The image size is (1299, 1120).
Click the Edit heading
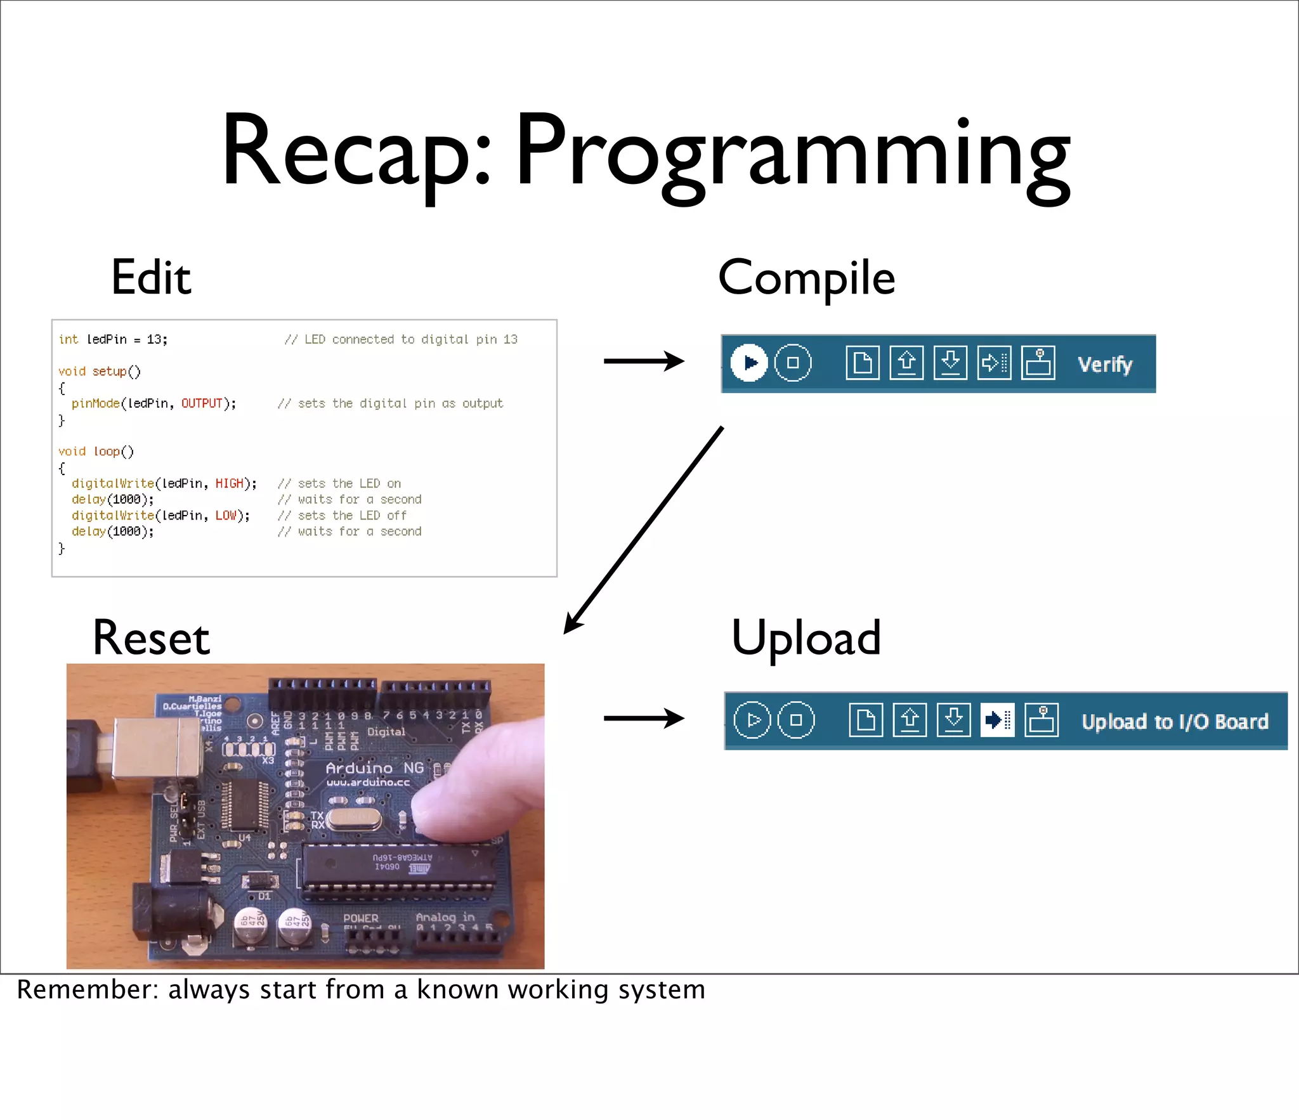[151, 278]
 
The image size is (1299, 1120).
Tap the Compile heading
[806, 278]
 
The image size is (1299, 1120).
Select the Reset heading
[151, 638]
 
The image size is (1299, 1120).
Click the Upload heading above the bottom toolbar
[806, 638]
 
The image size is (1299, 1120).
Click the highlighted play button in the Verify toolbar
[749, 363]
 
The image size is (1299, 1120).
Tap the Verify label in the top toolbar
[1105, 365]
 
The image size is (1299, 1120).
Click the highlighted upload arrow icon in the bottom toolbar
[997, 720]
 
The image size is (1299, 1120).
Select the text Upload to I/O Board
[1175, 722]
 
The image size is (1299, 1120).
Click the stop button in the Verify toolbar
[793, 363]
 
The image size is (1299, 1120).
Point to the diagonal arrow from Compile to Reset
[644, 530]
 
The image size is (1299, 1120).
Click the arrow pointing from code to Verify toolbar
[643, 361]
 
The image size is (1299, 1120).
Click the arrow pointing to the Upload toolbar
[643, 719]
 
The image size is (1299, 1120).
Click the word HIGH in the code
[229, 484]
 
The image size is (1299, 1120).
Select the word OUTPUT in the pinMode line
[202, 404]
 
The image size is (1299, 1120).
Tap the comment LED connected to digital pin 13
[401, 340]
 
